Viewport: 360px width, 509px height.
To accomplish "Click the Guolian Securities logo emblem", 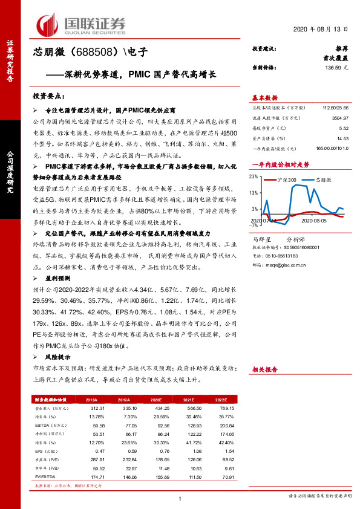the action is tap(48, 24).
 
